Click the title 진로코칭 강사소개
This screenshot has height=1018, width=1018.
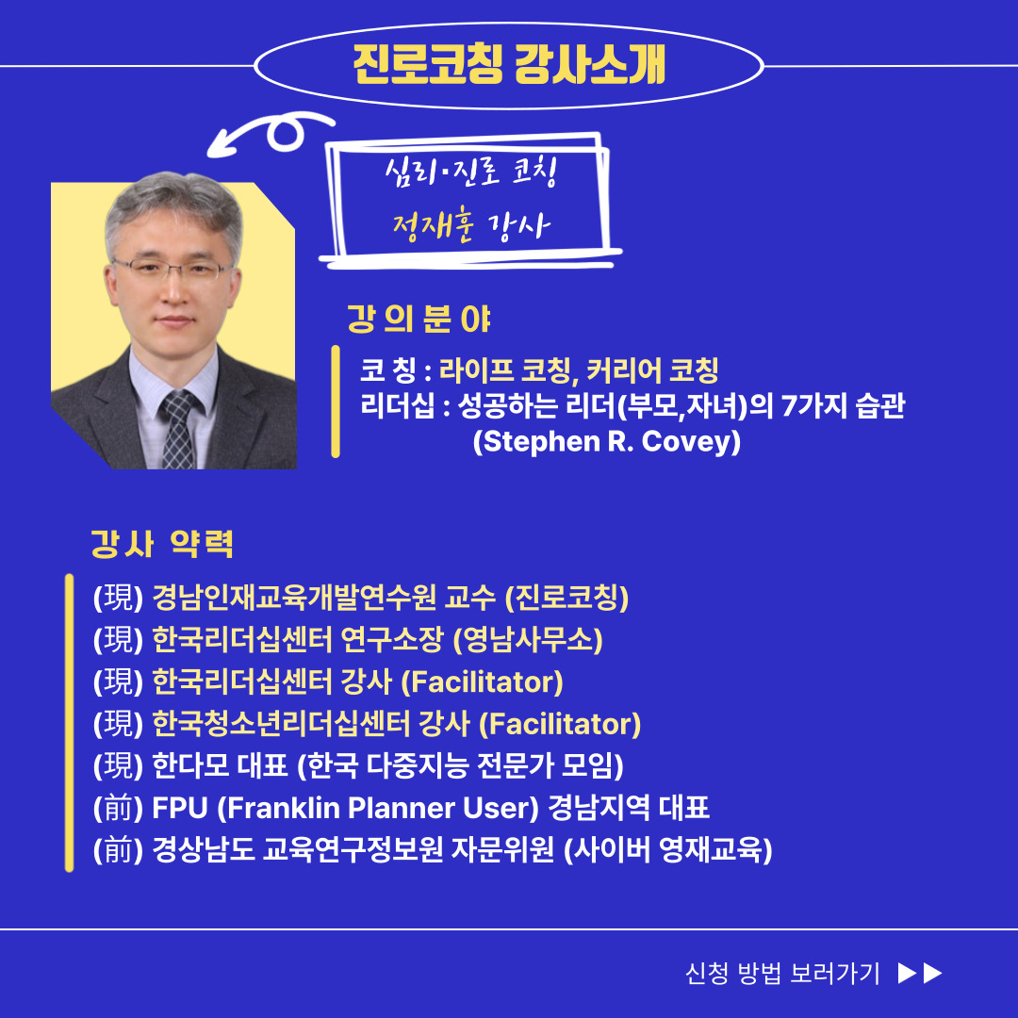(509, 65)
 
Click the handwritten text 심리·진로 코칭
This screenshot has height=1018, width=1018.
(470, 172)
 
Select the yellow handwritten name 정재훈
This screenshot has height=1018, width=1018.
(434, 227)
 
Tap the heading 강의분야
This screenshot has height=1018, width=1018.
(419, 319)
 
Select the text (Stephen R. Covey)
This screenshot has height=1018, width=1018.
(606, 441)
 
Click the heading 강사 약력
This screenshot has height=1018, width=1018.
(162, 544)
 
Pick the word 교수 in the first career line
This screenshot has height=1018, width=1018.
(470, 598)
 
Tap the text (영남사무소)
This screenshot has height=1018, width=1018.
(528, 639)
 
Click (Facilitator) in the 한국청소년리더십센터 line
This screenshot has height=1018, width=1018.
(560, 724)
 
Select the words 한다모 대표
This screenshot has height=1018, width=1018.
(220, 765)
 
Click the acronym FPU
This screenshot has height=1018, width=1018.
(180, 808)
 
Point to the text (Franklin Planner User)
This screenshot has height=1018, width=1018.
(378, 808)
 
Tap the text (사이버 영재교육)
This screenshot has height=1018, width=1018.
(667, 850)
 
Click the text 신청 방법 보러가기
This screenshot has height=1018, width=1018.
(782, 973)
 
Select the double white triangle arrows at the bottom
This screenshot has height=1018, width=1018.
(920, 973)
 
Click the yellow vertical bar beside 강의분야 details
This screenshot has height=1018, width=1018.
(335, 402)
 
